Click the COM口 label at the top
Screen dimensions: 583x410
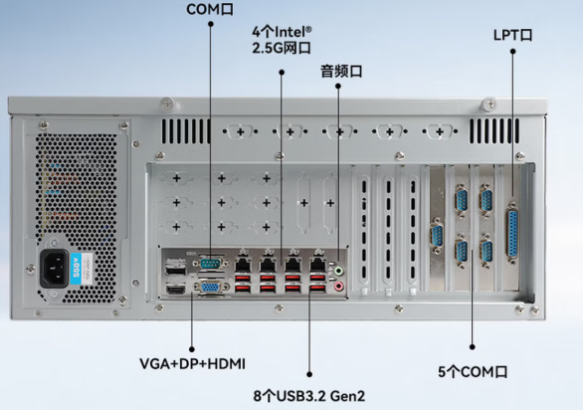[x=210, y=9]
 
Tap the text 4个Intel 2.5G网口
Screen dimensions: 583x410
[x=281, y=40]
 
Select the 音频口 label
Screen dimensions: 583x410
[x=341, y=71]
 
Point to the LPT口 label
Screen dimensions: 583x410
[x=513, y=35]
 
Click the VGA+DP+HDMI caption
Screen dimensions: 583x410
[x=192, y=364]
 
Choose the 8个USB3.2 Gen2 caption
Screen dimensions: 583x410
[x=309, y=396]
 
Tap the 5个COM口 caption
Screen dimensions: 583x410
[x=472, y=372]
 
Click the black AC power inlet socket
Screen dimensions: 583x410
[x=54, y=268]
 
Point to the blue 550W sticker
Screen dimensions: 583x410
[x=76, y=268]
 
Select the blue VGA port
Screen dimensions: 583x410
[x=210, y=287]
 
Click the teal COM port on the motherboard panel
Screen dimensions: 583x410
[x=211, y=263]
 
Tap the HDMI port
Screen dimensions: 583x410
[x=176, y=289]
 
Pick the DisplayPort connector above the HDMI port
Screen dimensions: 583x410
[x=176, y=269]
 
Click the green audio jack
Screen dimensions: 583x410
[x=338, y=270]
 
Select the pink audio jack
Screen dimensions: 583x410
[x=338, y=286]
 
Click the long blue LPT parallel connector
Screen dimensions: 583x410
[x=512, y=233]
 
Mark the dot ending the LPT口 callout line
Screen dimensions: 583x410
[x=513, y=51]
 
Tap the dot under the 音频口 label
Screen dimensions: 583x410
[x=338, y=86]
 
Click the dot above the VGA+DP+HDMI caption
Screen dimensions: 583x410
[x=192, y=349]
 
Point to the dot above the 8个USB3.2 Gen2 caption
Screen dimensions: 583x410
[x=309, y=374]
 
